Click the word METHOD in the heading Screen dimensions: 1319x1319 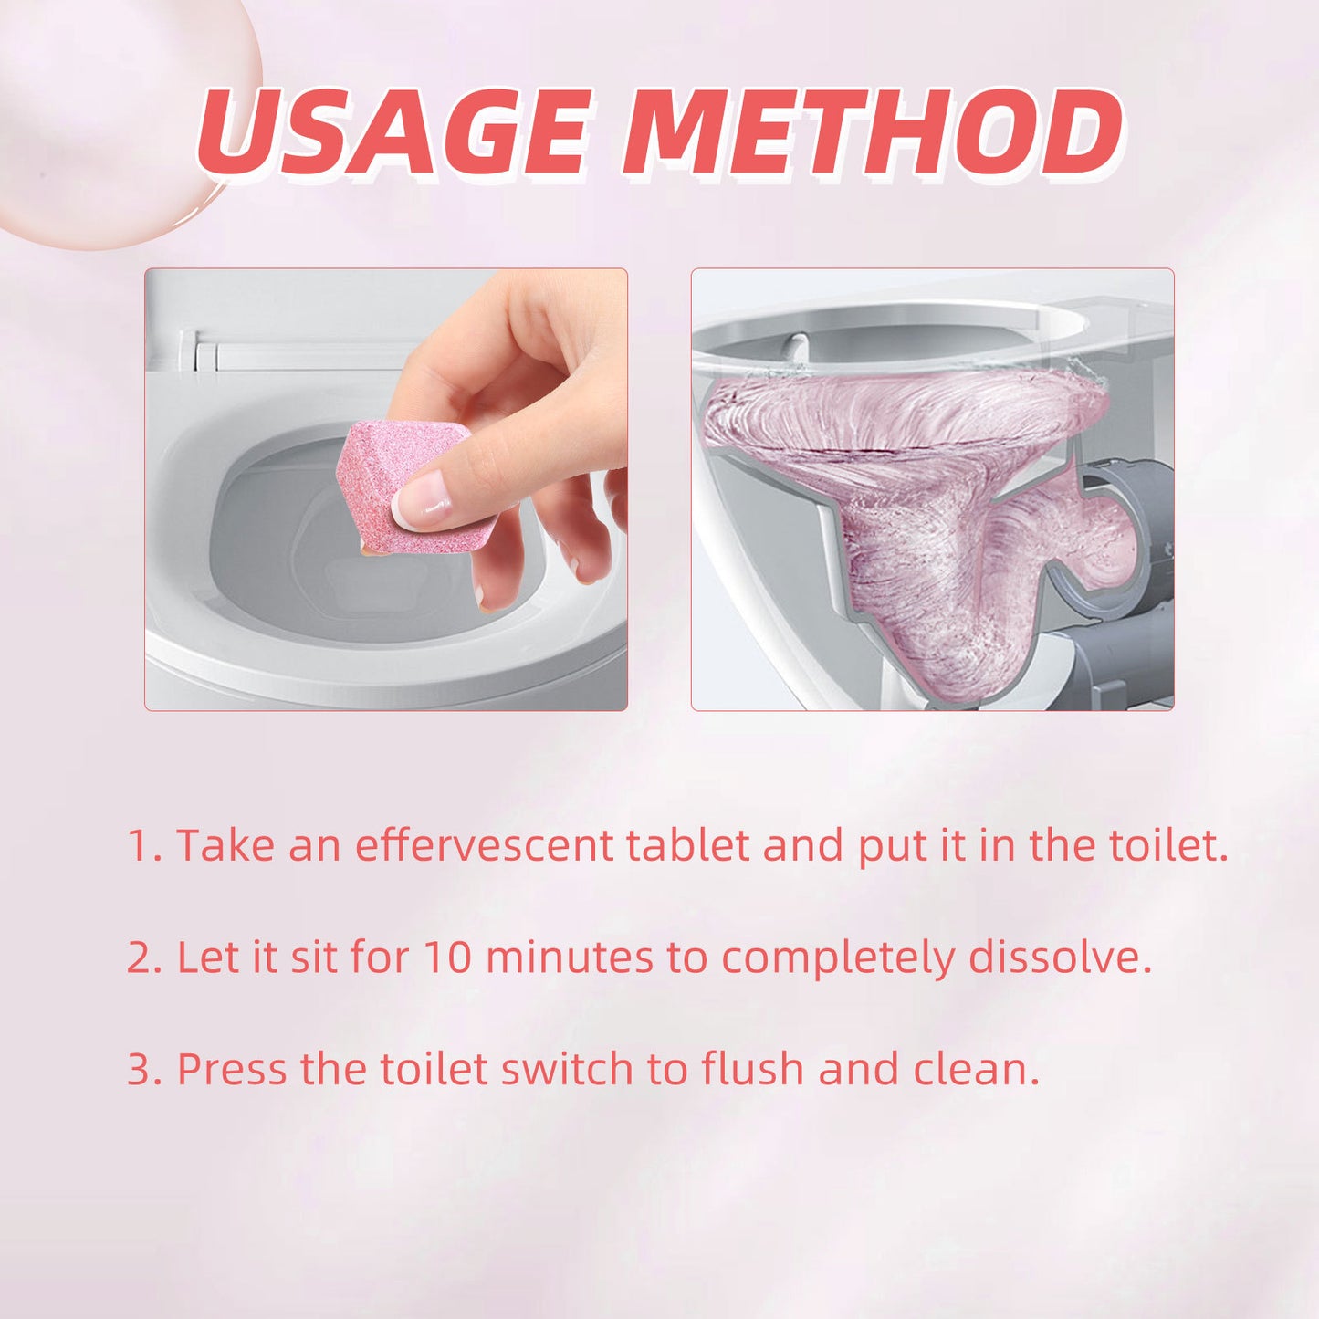[872, 132]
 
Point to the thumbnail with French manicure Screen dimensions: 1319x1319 [422, 500]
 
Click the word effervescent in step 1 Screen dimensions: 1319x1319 [484, 845]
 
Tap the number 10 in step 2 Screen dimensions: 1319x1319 [447, 958]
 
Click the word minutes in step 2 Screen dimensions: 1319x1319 [569, 958]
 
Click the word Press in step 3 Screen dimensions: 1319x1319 [231, 1069]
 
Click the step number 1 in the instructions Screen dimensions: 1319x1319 [139, 845]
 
